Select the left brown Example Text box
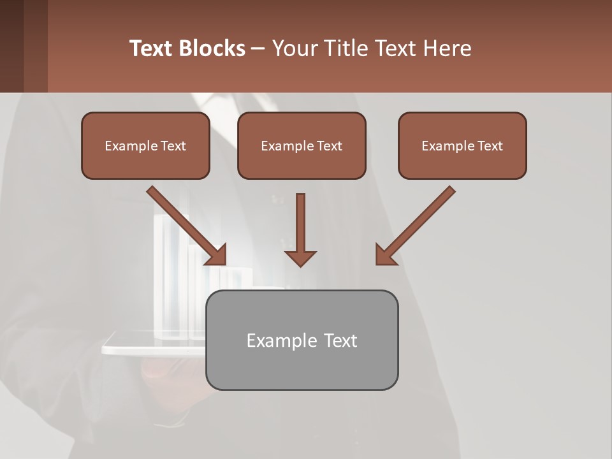click(145, 145)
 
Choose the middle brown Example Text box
click(302, 145)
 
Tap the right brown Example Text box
click(462, 145)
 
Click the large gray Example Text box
click(302, 340)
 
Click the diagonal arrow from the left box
click(185, 223)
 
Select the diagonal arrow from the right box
click(418, 223)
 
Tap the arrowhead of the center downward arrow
click(300, 258)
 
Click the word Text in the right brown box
click(490, 145)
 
